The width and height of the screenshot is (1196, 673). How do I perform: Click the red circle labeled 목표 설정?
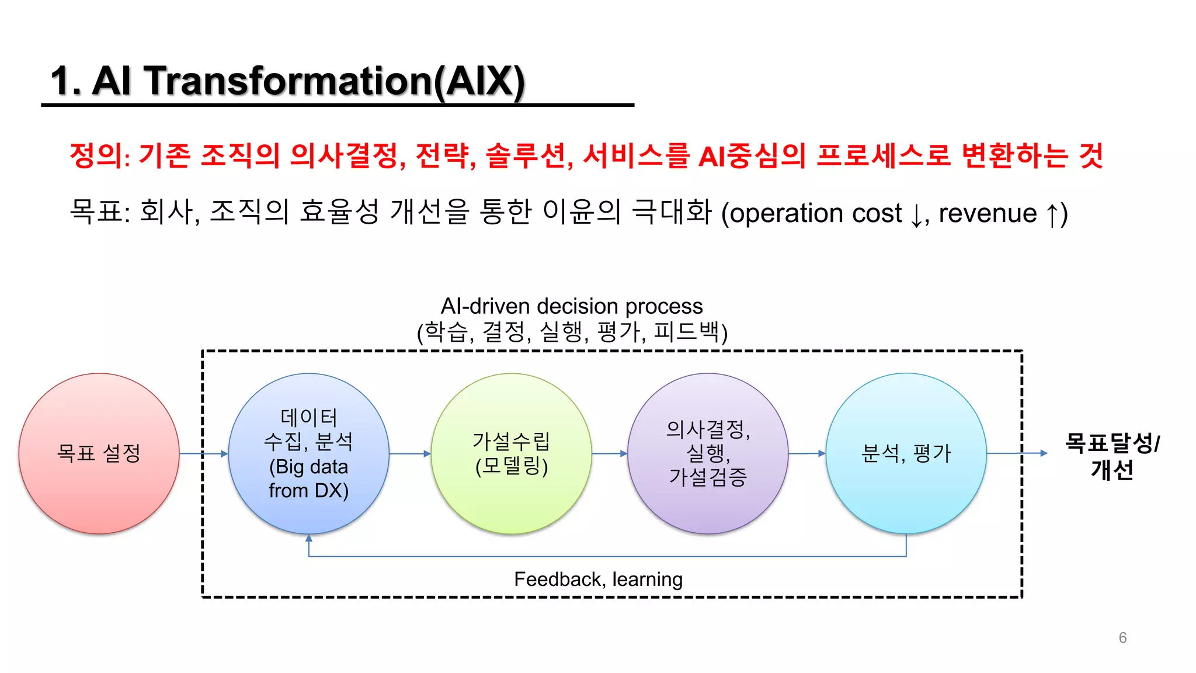pos(99,453)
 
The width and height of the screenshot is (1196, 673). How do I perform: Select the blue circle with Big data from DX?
pos(308,453)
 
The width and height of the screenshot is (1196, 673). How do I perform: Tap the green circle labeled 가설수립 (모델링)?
pos(511,453)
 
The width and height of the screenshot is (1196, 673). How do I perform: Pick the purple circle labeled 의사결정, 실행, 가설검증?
pos(708,453)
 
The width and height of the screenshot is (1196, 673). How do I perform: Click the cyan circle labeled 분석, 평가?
pos(906,453)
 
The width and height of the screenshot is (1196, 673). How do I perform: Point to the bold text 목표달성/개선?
pos(1112,456)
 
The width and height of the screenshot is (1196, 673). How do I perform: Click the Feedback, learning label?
pos(598,579)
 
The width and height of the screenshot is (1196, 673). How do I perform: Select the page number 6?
pos(1122,637)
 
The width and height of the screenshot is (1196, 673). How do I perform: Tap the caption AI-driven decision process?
pos(571,306)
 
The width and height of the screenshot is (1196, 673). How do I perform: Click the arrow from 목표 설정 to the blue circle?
pos(203,453)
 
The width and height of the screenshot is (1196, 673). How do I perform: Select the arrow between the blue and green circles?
pos(410,453)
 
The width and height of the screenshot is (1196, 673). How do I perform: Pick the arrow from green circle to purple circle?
pos(610,453)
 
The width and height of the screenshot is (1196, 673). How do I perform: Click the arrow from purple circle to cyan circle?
pos(807,453)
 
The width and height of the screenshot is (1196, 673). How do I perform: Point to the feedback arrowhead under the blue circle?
pos(309,538)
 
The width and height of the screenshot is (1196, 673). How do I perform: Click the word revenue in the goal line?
pos(988,213)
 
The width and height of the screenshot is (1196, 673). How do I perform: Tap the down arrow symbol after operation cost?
pos(916,215)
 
